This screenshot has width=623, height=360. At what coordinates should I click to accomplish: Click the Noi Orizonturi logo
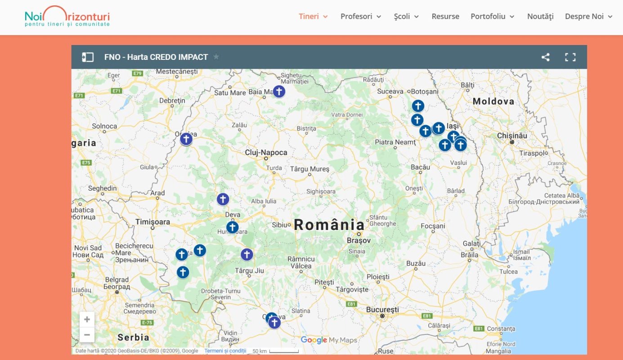click(x=67, y=16)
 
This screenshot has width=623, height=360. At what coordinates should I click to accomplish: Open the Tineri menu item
click(x=313, y=17)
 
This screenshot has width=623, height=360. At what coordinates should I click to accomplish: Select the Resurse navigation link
click(x=445, y=17)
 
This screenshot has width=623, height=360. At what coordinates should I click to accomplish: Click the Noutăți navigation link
click(x=540, y=17)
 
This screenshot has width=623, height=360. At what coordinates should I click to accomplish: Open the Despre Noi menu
click(x=588, y=17)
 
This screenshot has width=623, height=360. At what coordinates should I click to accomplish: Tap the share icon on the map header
click(x=545, y=57)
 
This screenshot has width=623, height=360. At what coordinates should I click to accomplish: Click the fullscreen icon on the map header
click(x=570, y=57)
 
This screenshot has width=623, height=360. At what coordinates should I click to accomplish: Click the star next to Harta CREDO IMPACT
click(x=216, y=57)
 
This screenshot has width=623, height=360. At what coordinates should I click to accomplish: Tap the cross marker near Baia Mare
click(x=279, y=91)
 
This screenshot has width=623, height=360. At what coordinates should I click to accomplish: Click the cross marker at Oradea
click(x=186, y=139)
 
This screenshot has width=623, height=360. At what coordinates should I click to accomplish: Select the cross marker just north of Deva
click(x=223, y=199)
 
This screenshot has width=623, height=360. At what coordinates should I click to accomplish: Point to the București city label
click(x=382, y=310)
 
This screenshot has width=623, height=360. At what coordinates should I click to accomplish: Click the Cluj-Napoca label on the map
click(x=266, y=153)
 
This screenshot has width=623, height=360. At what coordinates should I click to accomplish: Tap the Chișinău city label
click(x=512, y=135)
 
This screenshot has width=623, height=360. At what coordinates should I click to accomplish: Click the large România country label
click(x=329, y=225)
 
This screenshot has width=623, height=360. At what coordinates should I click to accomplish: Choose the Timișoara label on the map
click(x=153, y=222)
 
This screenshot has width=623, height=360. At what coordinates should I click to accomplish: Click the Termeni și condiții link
click(x=225, y=351)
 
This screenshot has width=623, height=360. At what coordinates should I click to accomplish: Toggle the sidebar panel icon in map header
click(x=88, y=57)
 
